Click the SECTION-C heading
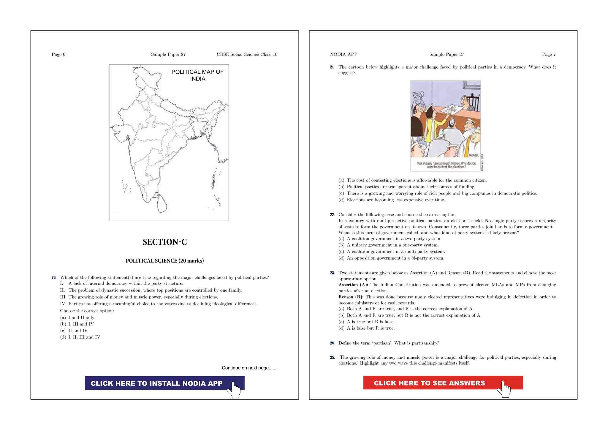click(x=165, y=242)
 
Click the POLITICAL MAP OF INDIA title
click(x=197, y=75)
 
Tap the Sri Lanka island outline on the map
click(x=162, y=204)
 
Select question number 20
click(x=54, y=278)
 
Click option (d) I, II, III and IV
click(x=80, y=337)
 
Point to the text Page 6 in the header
click(x=58, y=54)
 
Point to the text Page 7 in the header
click(x=549, y=54)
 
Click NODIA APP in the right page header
click(x=343, y=54)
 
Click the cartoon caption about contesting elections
click(x=446, y=165)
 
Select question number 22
click(x=332, y=215)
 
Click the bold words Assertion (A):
click(x=353, y=285)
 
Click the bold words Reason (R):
click(x=351, y=297)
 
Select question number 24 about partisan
click(x=332, y=343)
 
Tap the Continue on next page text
click(x=249, y=368)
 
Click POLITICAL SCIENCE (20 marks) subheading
click(x=164, y=261)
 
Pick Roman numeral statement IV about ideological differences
click(x=159, y=304)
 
